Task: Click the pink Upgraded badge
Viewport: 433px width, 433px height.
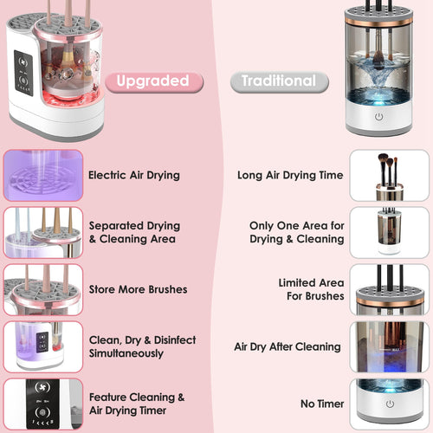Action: [154, 81]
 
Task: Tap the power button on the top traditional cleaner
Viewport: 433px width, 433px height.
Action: [378, 117]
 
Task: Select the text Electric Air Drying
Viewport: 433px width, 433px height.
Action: [133, 175]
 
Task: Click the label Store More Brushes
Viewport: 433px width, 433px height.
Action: [138, 289]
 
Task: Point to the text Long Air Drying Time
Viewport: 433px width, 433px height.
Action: [290, 175]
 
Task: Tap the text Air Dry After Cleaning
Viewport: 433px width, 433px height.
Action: [288, 346]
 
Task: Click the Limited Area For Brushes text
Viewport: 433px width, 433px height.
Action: [310, 289]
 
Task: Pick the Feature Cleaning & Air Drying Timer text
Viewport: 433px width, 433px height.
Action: [137, 404]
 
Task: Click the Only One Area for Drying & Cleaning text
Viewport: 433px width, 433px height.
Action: [296, 232]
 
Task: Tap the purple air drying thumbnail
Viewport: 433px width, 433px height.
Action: [43, 175]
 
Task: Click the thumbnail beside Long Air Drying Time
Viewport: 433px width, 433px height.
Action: [389, 175]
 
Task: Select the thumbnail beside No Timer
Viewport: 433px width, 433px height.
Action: [389, 404]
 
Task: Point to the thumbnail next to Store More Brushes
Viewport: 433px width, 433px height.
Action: [43, 289]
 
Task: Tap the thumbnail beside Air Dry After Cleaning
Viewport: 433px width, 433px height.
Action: [389, 346]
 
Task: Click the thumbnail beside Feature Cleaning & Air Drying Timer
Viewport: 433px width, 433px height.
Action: [43, 404]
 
